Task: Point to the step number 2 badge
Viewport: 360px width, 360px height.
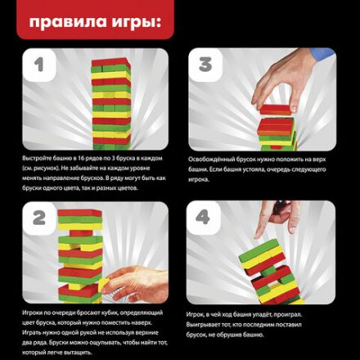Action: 40,218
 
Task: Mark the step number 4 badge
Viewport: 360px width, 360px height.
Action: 205,218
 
